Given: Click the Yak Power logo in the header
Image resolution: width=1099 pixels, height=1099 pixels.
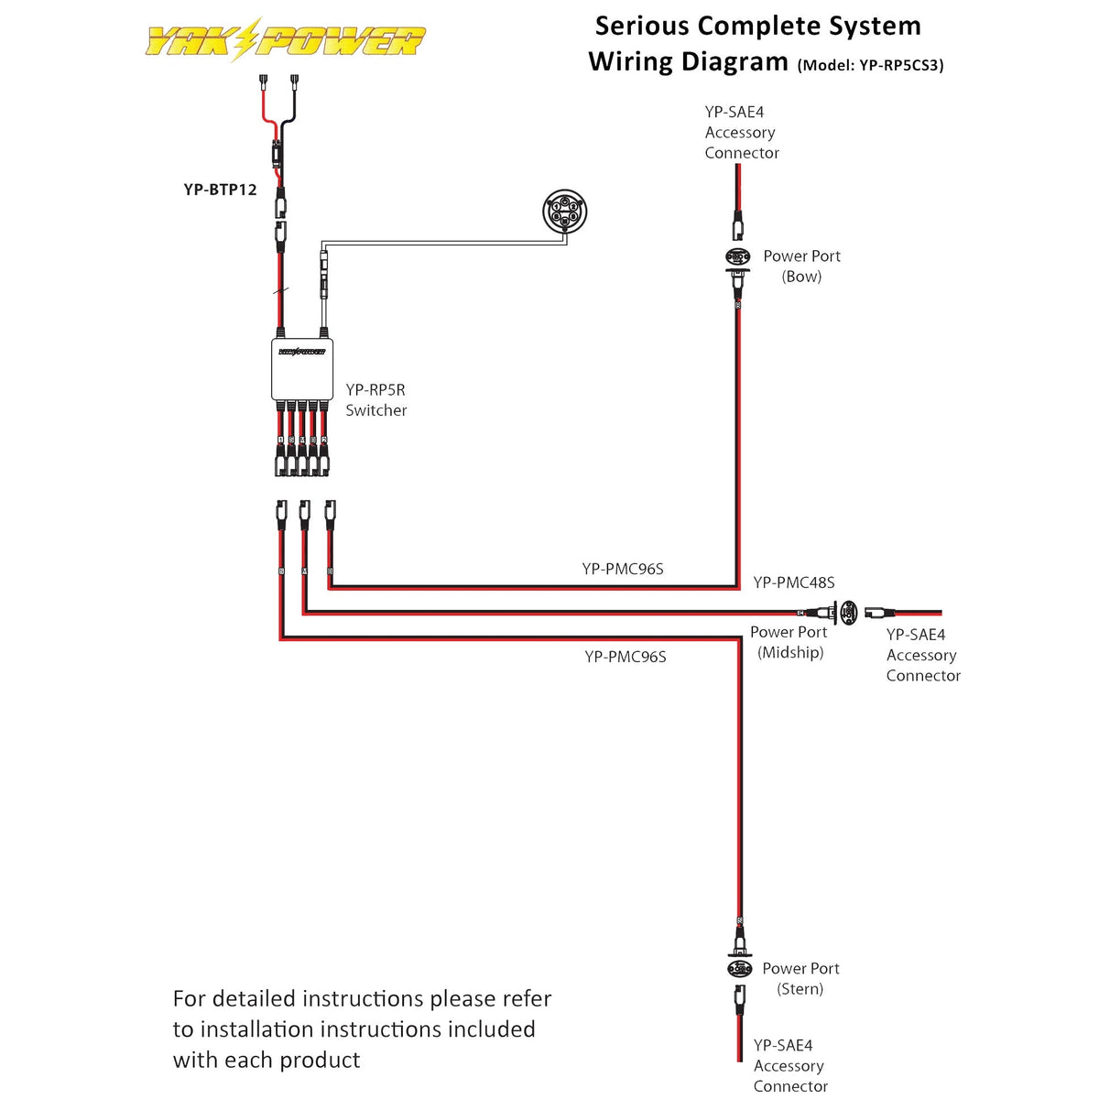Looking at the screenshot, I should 285,40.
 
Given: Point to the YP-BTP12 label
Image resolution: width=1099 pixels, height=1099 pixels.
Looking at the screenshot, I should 220,190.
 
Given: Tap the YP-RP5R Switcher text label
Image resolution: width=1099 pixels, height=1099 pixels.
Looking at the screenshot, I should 375,400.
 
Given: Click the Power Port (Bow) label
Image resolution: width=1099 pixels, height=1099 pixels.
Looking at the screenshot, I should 801,266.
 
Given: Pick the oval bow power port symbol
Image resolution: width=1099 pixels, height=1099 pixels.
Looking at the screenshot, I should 738,256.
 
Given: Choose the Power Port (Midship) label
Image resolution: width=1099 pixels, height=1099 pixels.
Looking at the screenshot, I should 789,642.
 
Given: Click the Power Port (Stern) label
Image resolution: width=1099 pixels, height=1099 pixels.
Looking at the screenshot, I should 800,978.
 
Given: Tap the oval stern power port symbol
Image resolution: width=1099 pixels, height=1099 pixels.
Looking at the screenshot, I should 739,969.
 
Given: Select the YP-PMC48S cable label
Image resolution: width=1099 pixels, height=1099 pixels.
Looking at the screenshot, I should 793,582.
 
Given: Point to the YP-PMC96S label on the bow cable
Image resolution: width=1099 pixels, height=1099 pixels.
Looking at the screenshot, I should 623,569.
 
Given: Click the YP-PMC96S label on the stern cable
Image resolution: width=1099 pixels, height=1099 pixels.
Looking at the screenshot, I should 626,657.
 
